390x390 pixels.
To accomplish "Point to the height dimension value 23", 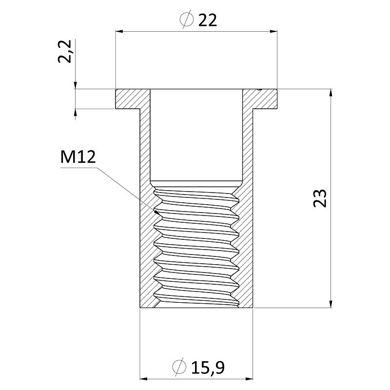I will tap(319, 198).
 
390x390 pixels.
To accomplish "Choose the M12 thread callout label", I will tap(78, 157).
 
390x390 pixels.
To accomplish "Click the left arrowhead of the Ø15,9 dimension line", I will tap(144, 378).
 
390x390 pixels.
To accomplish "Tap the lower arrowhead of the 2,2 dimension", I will tap(76, 113).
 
